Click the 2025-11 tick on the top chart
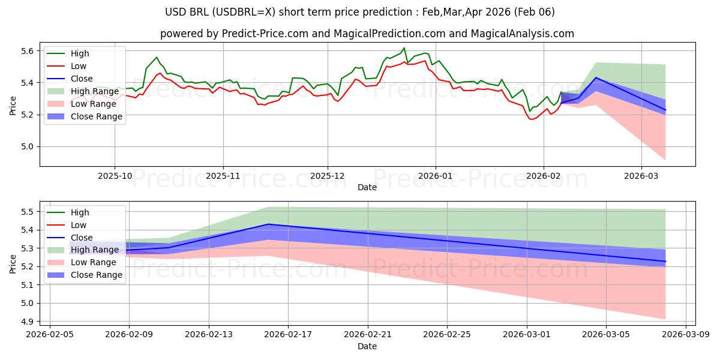(x=223, y=176)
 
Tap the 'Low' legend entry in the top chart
(x=79, y=66)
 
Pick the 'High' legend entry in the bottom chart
(x=80, y=212)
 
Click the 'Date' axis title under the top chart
(x=367, y=187)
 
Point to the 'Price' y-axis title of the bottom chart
(x=13, y=263)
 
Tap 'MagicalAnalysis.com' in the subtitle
(x=523, y=34)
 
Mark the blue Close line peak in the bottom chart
(x=268, y=224)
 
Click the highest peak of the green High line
(x=404, y=48)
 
